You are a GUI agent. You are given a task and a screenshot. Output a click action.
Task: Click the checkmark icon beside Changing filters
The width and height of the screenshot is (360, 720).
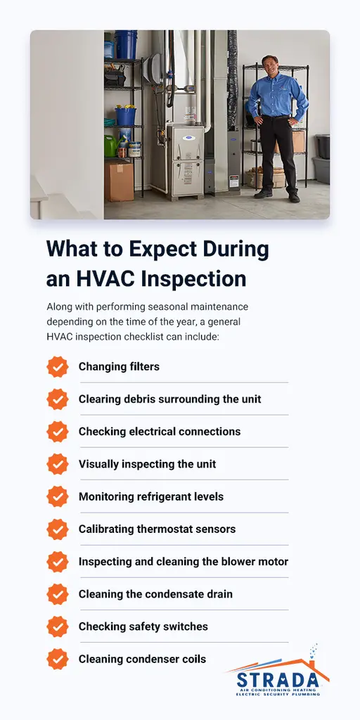pos(58,366)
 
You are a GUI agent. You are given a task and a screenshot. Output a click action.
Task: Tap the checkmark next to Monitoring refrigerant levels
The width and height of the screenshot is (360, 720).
pos(58,496)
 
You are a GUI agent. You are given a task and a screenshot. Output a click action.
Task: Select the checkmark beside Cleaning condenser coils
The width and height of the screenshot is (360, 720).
pos(58,659)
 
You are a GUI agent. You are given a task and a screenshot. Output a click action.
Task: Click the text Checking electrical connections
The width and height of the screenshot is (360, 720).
pos(160,432)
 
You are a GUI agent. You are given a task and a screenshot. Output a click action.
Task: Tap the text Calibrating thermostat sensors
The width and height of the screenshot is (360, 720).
pos(157,529)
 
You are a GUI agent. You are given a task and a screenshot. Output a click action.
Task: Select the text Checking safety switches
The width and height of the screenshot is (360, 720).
pos(143,626)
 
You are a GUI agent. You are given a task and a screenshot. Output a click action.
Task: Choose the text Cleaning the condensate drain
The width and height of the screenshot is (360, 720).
pos(155,594)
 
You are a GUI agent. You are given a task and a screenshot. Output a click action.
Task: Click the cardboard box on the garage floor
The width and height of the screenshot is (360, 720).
pos(118,180)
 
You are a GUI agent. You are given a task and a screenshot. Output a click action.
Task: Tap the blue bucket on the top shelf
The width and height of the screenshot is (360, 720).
pos(127,44)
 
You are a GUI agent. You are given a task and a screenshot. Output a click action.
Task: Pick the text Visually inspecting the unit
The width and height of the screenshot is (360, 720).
pos(147,464)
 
